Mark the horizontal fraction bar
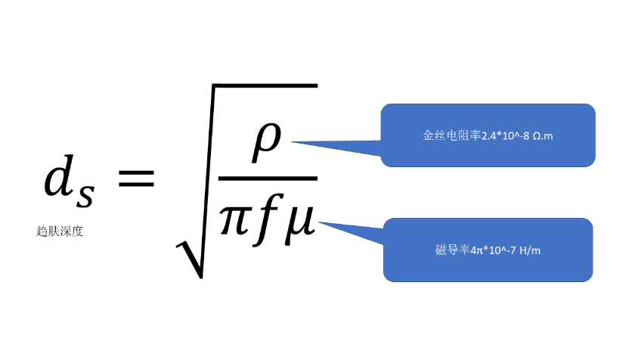pos(267,178)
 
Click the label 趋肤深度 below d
pos(59,231)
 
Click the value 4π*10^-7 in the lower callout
pos(495,250)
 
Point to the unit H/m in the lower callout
pos(530,250)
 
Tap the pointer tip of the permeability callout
pos(321,221)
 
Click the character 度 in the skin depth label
pos(76,231)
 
